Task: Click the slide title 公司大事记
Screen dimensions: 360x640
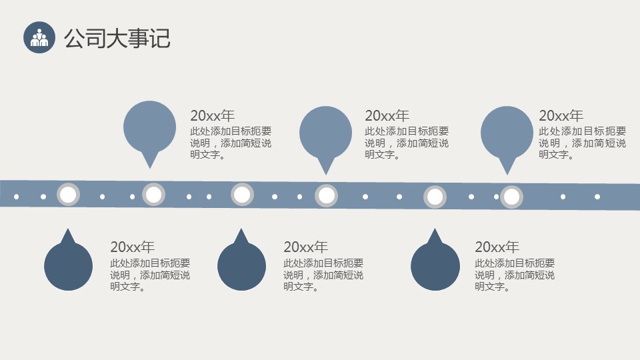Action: coord(117,38)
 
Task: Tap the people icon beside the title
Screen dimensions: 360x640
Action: coord(39,37)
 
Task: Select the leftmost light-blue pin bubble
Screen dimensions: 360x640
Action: coord(150,127)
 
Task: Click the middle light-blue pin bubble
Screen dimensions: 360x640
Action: coord(325,133)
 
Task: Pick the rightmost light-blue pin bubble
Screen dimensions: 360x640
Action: coord(507,133)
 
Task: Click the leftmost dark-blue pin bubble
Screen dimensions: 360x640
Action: coord(68,265)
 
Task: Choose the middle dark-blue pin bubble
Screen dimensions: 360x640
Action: coord(241,265)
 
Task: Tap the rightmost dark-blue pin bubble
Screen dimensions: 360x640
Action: coord(435,265)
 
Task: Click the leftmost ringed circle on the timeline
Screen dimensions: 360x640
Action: coord(68,195)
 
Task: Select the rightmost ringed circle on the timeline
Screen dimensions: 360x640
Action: coord(511,197)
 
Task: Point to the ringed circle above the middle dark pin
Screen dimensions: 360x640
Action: coord(242,195)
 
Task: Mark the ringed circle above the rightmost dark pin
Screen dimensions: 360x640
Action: coord(435,197)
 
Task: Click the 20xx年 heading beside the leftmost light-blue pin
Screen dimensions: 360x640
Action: coord(213,115)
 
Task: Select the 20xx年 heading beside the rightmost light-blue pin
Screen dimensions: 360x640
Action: coord(561,115)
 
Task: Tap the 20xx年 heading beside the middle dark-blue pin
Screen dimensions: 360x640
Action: coord(305,247)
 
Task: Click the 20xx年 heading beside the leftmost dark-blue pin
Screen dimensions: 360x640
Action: coord(132,247)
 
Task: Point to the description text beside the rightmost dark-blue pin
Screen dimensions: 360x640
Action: coord(515,275)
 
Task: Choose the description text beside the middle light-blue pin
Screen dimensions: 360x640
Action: coord(407,143)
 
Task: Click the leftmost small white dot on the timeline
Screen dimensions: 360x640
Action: coord(17,197)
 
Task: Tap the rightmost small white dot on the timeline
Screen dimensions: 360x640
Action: coord(597,197)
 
